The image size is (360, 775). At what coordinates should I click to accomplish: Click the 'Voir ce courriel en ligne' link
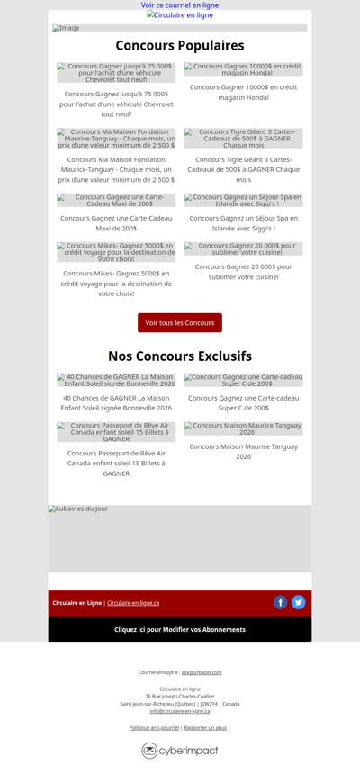[x=180, y=5]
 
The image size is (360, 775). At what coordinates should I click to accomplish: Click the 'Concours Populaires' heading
[x=180, y=46]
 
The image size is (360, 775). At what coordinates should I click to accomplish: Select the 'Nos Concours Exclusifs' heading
[x=180, y=356]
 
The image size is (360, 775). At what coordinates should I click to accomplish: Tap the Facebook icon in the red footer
[x=281, y=602]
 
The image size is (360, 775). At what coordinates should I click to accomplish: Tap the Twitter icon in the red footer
[x=299, y=602]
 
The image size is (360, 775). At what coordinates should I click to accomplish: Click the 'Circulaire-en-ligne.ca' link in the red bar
[x=133, y=603]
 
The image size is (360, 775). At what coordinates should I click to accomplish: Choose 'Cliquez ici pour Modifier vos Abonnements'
[x=180, y=629]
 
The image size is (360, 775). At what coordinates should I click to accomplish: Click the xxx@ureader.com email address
[x=202, y=672]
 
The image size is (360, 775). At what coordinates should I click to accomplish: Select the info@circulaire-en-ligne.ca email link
[x=180, y=711]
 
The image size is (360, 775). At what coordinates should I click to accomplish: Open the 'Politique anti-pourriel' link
[x=154, y=727]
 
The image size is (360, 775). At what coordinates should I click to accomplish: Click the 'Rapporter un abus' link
[x=205, y=727]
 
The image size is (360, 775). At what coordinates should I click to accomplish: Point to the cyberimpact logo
[x=180, y=751]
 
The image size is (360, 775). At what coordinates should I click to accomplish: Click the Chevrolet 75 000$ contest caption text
[x=116, y=104]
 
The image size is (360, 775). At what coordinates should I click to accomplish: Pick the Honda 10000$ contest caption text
[x=243, y=92]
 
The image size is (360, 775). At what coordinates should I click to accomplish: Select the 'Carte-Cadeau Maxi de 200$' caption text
[x=116, y=223]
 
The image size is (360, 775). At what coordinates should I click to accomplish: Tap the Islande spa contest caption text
[x=243, y=223]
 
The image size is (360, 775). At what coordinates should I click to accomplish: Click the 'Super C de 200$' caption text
[x=243, y=402]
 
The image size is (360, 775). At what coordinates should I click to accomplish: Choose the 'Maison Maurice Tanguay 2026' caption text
[x=243, y=452]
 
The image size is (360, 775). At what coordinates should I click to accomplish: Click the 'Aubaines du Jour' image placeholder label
[x=78, y=509]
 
